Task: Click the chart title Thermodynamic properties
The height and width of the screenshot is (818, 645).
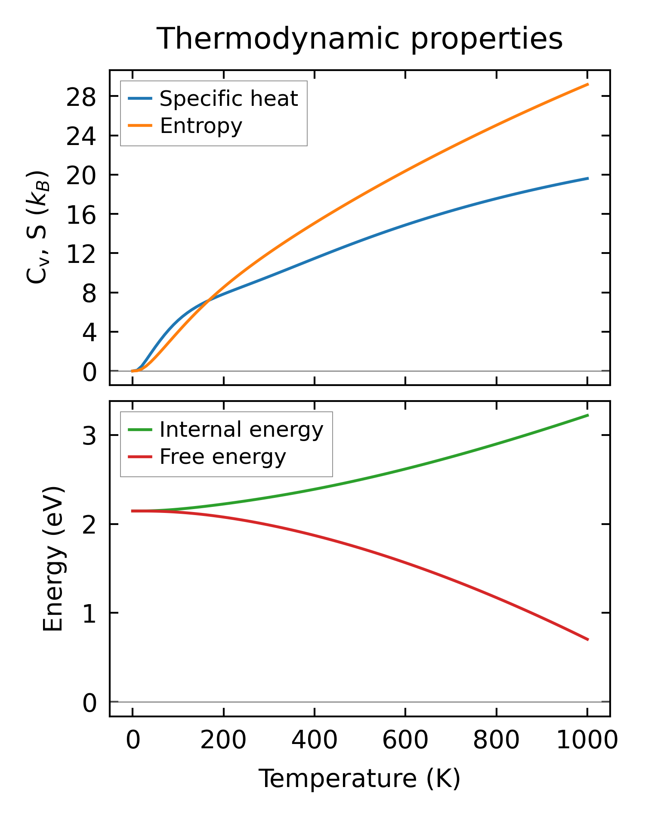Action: pyautogui.click(x=359, y=39)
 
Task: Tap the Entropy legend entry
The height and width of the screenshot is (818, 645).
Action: pyautogui.click(x=201, y=126)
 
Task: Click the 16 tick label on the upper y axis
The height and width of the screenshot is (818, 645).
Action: pyautogui.click(x=80, y=214)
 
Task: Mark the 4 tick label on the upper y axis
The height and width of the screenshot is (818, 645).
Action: pyautogui.click(x=89, y=332)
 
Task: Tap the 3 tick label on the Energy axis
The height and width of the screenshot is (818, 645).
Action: pyautogui.click(x=89, y=436)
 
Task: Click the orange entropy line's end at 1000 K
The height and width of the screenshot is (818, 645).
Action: pyautogui.click(x=587, y=84)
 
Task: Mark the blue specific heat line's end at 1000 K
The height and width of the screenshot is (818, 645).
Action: pyautogui.click(x=587, y=178)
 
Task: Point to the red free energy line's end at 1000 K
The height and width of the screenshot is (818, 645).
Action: pyautogui.click(x=587, y=639)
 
